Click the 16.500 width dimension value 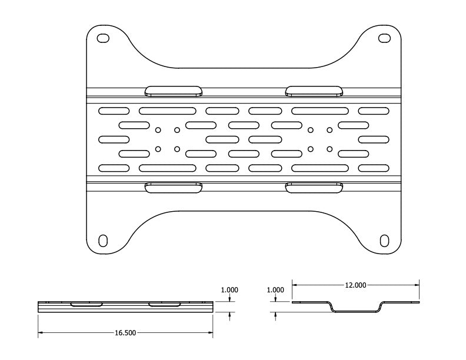pos(125,333)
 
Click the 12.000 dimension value pos(355,285)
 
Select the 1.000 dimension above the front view pos(229,290)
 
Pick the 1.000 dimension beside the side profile pos(275,290)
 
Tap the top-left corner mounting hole pos(103,38)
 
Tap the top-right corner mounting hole pos(384,38)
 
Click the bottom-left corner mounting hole pos(103,241)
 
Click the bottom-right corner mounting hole pos(384,241)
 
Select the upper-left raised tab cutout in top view pos(174,91)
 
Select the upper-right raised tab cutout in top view pos(314,91)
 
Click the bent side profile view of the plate pos(355,308)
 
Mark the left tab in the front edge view pos(86,305)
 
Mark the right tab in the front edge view pos(165,305)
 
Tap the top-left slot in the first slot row pos(114,111)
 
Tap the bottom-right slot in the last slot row pos(374,168)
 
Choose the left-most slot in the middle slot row pos(114,139)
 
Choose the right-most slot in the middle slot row pos(374,139)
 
